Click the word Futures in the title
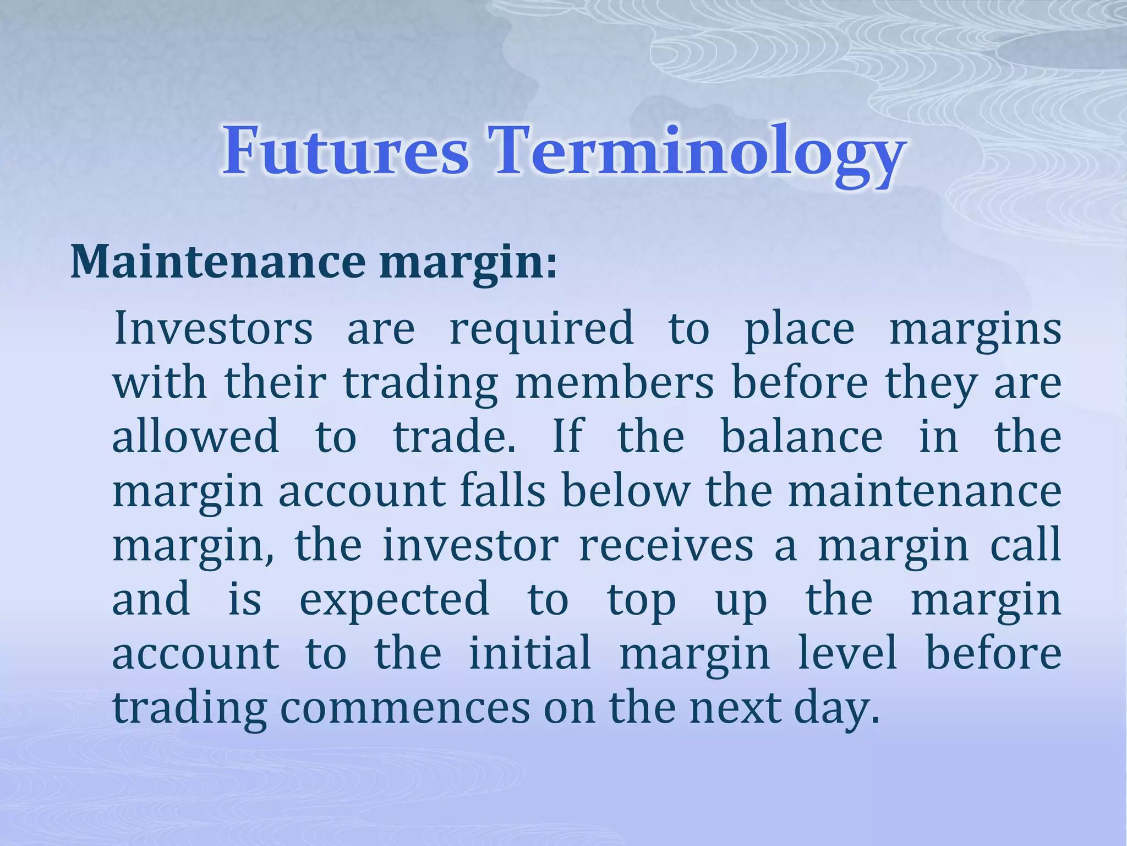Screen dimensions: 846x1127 (346, 150)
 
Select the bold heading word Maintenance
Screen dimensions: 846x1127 (218, 262)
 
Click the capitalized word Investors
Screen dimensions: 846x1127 (214, 329)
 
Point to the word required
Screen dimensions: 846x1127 (541, 330)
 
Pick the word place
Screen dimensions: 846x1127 (799, 330)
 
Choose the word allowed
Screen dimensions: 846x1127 (196, 436)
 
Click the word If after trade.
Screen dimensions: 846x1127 (567, 436)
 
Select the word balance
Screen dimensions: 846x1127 (801, 436)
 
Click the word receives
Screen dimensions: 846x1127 (666, 545)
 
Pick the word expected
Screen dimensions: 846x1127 (394, 600)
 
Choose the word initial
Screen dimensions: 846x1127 (530, 653)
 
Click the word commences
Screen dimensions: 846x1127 (405, 708)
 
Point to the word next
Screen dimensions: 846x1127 (735, 708)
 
